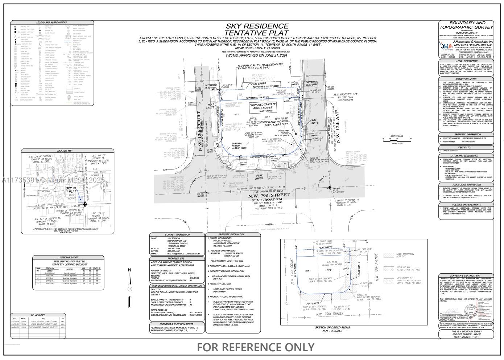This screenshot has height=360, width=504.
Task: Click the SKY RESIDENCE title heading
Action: (x=257, y=26)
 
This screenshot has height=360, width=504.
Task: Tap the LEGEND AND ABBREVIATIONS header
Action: (x=51, y=22)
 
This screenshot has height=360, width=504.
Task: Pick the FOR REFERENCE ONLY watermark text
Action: (x=256, y=347)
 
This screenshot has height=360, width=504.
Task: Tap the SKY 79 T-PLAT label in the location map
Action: (x=71, y=190)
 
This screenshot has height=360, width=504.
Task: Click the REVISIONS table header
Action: (x=38, y=315)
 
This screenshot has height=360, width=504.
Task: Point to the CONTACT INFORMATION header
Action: (x=177, y=235)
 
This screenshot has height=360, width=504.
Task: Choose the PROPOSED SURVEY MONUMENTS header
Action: (x=176, y=324)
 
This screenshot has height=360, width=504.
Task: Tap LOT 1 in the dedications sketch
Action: (x=308, y=271)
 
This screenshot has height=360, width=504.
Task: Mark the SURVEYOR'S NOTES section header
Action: (x=466, y=79)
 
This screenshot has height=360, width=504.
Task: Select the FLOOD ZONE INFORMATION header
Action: (x=466, y=185)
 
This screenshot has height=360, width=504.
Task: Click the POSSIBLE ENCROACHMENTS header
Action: (x=466, y=204)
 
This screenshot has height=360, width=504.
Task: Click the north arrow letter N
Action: (x=129, y=270)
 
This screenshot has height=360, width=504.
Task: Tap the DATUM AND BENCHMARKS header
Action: (x=466, y=156)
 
